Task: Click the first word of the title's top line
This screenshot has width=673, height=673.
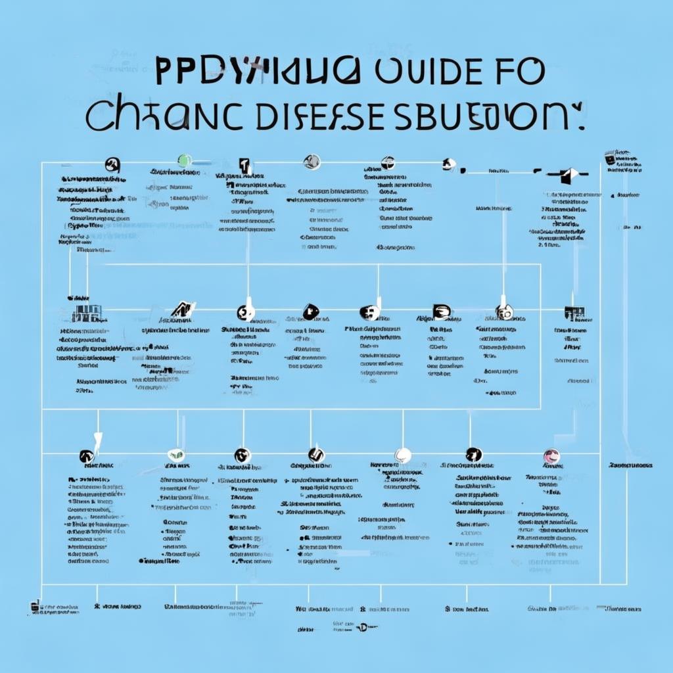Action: pyautogui.click(x=257, y=71)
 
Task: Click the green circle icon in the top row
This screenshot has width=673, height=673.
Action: pyautogui.click(x=185, y=160)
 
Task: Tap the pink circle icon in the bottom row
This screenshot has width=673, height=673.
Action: pyautogui.click(x=551, y=455)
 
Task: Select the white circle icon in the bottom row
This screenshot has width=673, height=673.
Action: pyautogui.click(x=403, y=455)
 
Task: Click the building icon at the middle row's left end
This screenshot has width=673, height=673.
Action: pyautogui.click(x=81, y=313)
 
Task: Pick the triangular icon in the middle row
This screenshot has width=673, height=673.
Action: pyautogui.click(x=182, y=309)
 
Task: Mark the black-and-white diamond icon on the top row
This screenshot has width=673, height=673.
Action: pyautogui.click(x=570, y=175)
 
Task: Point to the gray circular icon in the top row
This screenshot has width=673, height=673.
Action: pyautogui.click(x=312, y=162)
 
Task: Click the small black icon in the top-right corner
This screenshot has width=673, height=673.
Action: pyautogui.click(x=610, y=158)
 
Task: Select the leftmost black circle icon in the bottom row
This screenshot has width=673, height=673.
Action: pyautogui.click(x=85, y=455)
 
